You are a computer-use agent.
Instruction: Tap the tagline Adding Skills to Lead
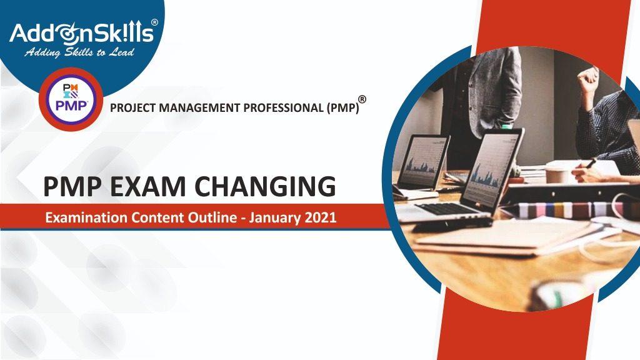coord(79,52)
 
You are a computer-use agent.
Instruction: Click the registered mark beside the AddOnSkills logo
coord(154,23)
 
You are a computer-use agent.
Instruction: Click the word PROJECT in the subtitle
coord(133,107)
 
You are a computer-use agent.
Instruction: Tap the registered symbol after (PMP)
coord(362,99)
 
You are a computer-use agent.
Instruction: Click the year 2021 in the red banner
coord(321,218)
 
